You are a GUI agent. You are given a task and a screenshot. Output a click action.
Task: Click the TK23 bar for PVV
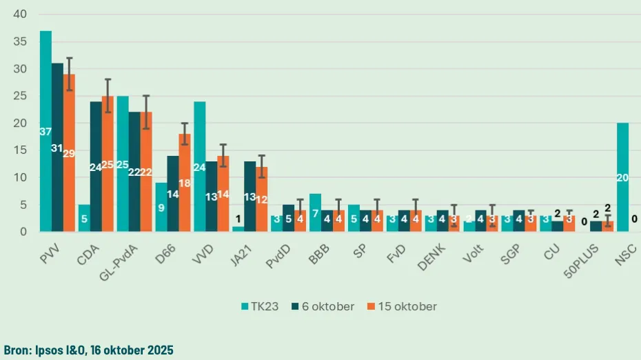click(45, 131)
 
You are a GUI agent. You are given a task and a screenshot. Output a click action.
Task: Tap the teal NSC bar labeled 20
click(622, 178)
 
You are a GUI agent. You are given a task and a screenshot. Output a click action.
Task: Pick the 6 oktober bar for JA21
click(250, 197)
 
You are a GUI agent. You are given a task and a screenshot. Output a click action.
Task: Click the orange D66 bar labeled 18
click(185, 183)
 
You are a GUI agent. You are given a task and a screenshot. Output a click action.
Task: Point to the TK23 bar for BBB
click(316, 213)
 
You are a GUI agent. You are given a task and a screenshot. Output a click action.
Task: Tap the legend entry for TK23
click(259, 306)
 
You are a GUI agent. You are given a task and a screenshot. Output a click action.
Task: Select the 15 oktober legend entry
click(404, 306)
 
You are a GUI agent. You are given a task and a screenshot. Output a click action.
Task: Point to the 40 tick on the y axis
click(19, 14)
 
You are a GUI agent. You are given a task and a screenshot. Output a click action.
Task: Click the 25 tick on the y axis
click(19, 96)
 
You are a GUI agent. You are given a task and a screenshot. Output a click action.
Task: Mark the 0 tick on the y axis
click(23, 232)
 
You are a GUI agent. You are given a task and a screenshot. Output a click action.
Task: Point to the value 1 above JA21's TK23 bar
click(238, 221)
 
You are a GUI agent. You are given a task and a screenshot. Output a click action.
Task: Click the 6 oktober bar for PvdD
click(288, 219)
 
